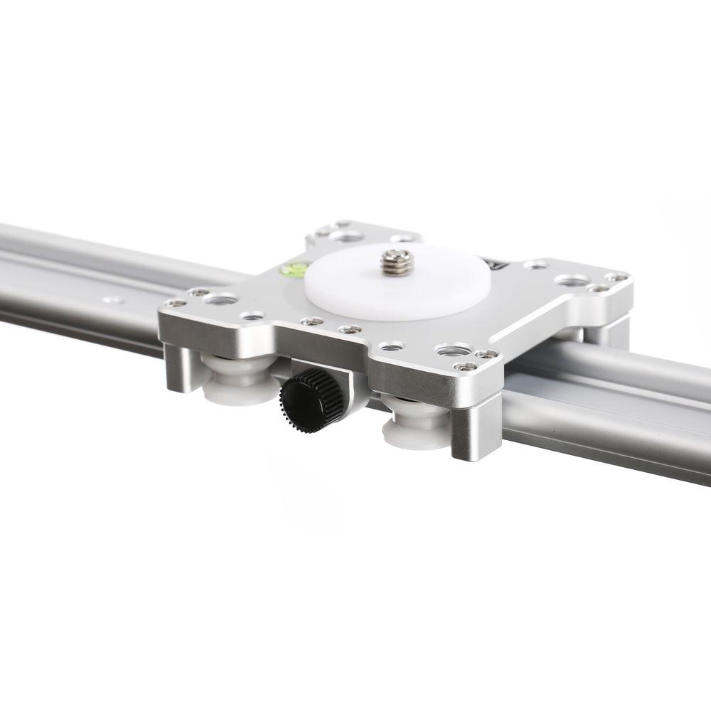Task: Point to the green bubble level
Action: tap(292, 270)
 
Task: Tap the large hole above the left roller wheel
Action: tap(216, 299)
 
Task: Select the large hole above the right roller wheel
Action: tap(449, 351)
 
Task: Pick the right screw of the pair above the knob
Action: tap(348, 330)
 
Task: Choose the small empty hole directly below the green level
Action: tap(250, 315)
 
